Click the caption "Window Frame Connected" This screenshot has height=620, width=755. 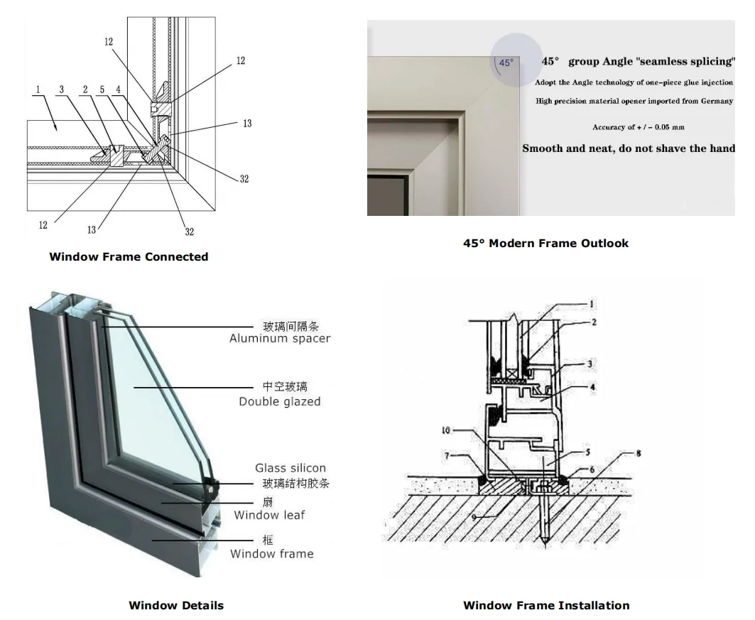(x=129, y=257)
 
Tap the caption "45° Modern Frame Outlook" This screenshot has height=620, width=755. (x=545, y=244)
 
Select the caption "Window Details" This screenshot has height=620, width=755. (x=176, y=606)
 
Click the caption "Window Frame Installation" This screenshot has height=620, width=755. (x=545, y=606)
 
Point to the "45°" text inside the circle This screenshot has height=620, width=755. (x=505, y=62)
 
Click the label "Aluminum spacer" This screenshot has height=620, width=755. (x=280, y=339)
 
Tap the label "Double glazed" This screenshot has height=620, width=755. (x=280, y=402)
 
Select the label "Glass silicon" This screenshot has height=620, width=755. (x=290, y=468)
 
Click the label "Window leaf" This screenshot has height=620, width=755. (x=269, y=515)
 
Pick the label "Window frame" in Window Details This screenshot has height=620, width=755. (x=271, y=553)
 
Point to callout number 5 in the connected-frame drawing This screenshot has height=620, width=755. (x=102, y=89)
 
